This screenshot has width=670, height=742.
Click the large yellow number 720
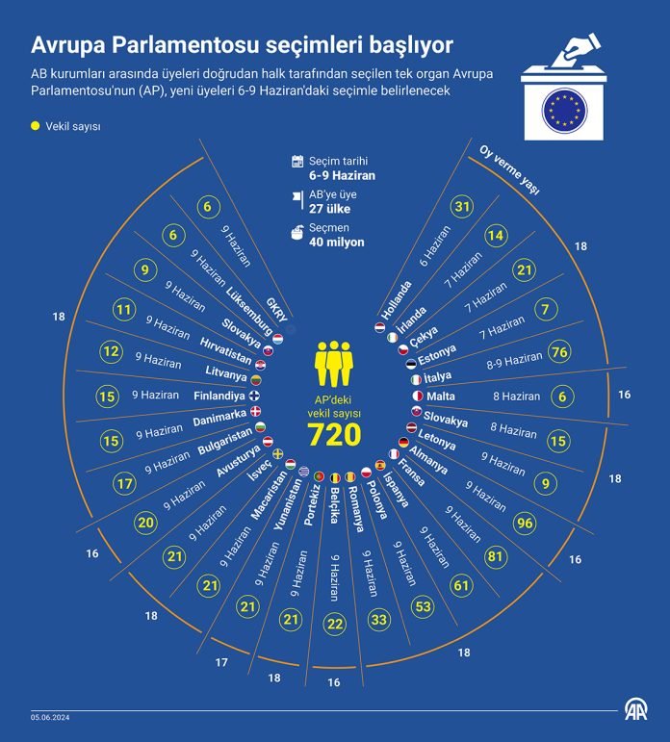[x=334, y=434]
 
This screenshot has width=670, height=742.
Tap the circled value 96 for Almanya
[x=525, y=523]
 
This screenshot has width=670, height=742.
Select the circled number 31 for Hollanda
[x=462, y=206]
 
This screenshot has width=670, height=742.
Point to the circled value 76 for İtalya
[x=559, y=352]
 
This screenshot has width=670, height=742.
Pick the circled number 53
[x=423, y=606]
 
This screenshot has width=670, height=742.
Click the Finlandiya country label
[x=219, y=396]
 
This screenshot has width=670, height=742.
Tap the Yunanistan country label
[x=288, y=504]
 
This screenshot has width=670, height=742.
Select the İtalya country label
[x=437, y=377]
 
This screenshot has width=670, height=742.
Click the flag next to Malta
[x=418, y=396]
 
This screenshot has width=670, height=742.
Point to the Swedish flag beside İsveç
[x=277, y=453]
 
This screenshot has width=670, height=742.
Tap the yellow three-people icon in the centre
[x=334, y=364]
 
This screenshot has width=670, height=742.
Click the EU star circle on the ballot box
[x=564, y=111]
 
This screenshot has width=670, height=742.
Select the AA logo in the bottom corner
[x=636, y=710]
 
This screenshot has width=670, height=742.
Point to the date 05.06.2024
[x=50, y=717]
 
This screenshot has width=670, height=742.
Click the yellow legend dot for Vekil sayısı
[x=35, y=126]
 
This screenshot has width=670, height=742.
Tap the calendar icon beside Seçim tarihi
[x=297, y=162]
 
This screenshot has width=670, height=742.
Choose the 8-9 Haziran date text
[x=514, y=361]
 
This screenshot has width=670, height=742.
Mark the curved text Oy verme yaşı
[x=509, y=170]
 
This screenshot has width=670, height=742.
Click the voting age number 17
[x=221, y=662]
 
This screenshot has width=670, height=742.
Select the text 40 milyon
[x=337, y=243]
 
